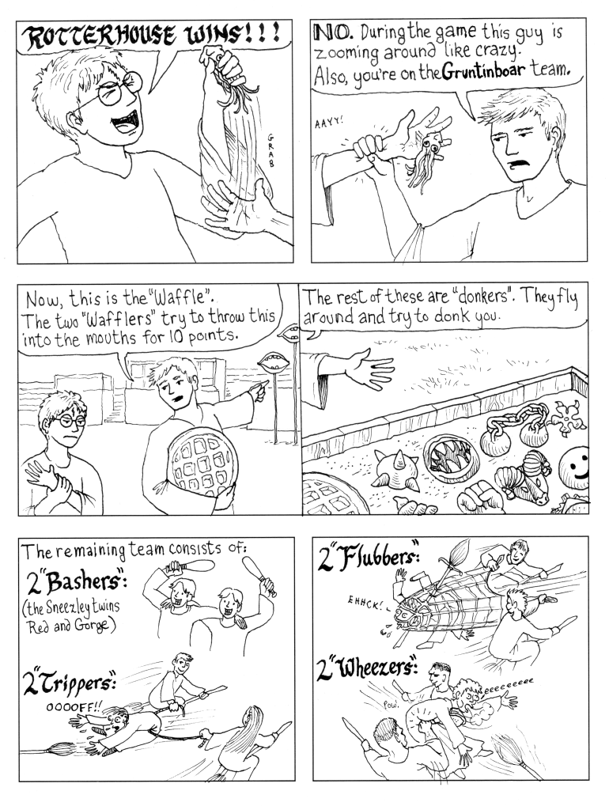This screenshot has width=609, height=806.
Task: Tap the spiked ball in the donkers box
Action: [x=395, y=467]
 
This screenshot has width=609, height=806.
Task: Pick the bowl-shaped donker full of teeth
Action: [x=448, y=455]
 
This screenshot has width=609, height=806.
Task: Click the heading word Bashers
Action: [x=81, y=582]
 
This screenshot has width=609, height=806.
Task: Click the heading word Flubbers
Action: [x=374, y=557]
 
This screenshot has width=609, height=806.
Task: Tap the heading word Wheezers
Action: [x=376, y=670]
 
